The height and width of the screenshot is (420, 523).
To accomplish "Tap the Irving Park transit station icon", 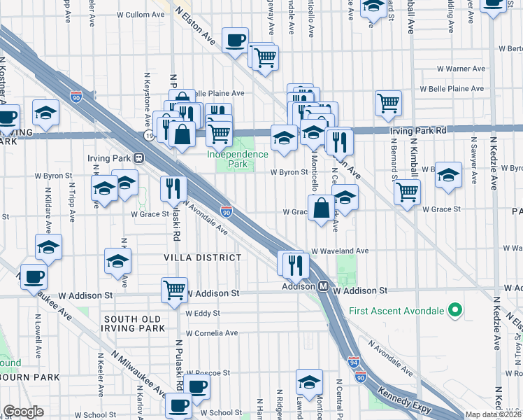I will point(139,158).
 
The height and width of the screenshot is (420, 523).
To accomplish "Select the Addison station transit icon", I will point(324,286).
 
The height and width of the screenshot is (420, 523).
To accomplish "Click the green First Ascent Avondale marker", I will point(455,309).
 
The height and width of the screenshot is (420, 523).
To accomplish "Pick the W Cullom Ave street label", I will point(140,14).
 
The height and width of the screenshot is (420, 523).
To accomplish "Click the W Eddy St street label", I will point(203,313).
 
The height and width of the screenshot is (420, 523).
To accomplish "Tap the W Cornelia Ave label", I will point(211,333).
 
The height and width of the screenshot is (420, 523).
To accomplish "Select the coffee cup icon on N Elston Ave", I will point(235,39).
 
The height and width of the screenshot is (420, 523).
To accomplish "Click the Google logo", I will point(24,412).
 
